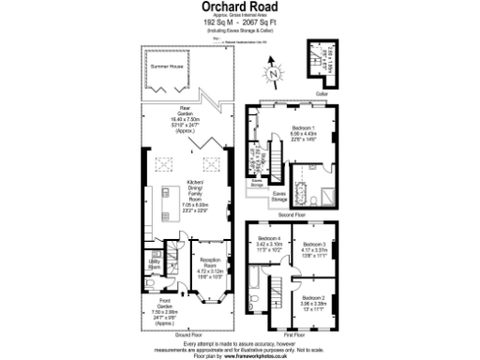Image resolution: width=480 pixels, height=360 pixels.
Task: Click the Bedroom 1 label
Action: click(x=303, y=130)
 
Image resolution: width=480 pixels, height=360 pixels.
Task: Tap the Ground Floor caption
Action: click(x=190, y=334)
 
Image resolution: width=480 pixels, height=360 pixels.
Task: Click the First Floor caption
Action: click(x=294, y=334)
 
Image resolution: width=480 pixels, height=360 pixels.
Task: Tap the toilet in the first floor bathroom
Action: click(x=256, y=302)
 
